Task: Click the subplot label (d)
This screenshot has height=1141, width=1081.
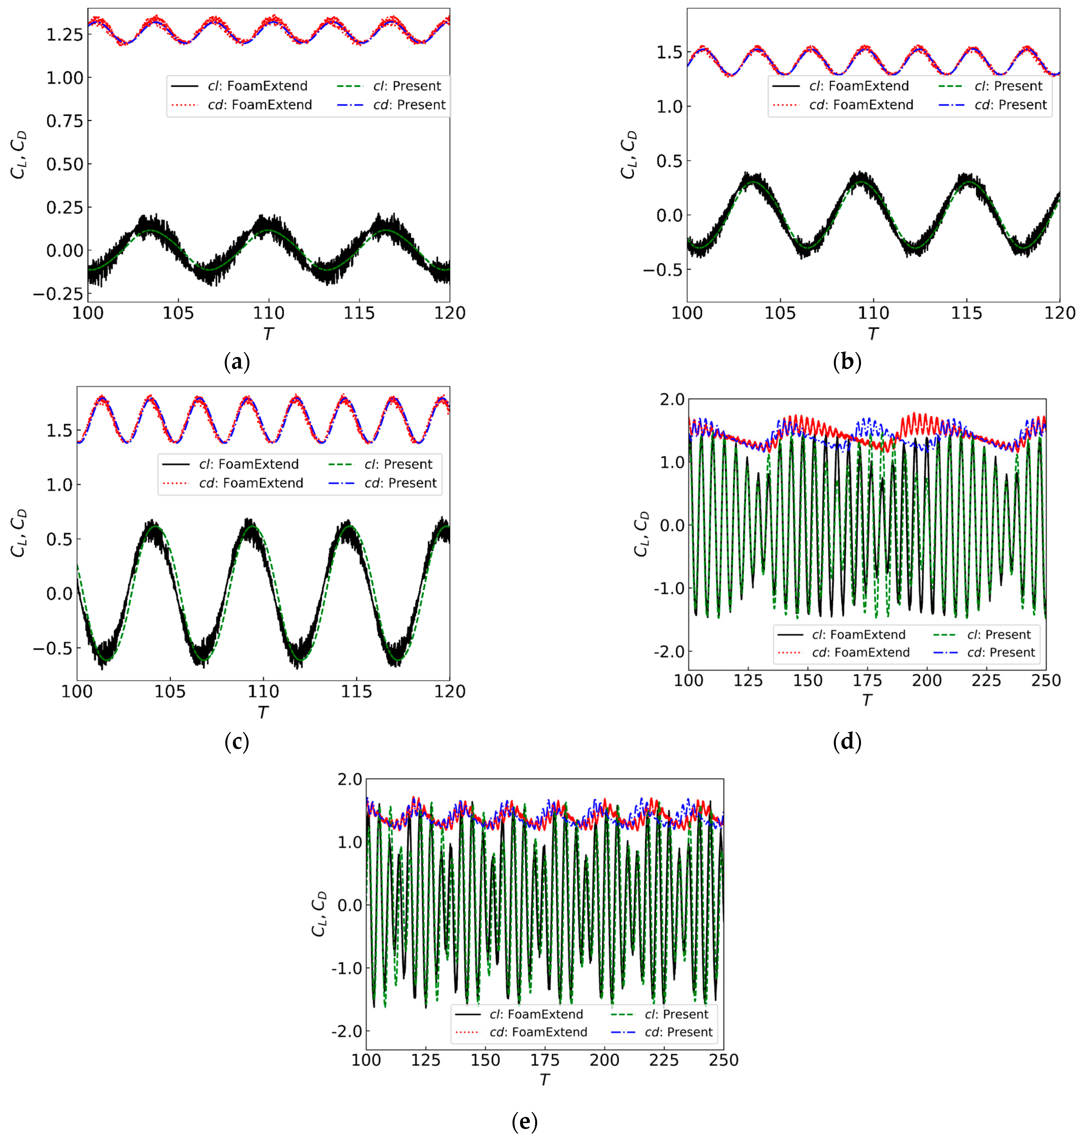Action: click(847, 741)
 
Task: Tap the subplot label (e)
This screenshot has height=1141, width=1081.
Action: click(524, 1121)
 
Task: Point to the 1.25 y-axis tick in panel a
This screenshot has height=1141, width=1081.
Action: click(65, 35)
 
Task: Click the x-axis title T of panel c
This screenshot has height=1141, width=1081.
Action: click(263, 713)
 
